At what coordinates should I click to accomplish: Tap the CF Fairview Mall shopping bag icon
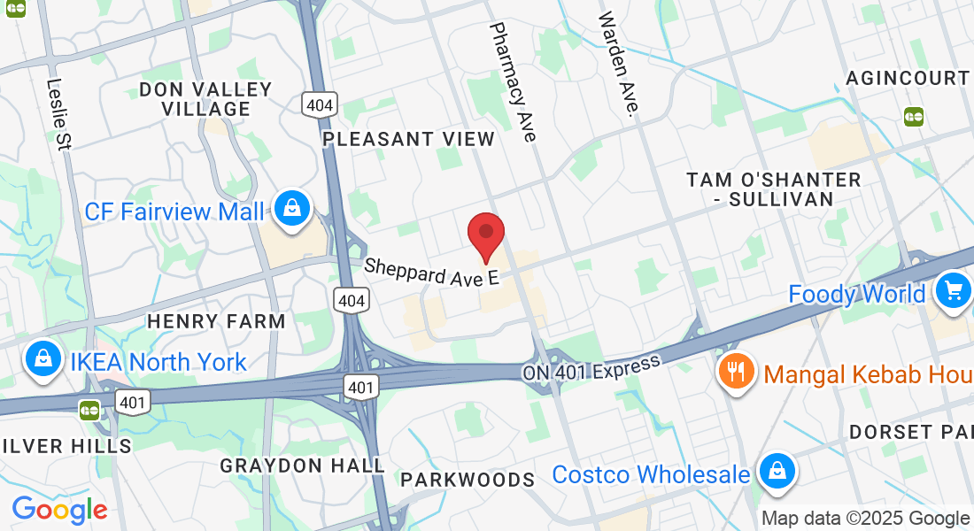point(290,208)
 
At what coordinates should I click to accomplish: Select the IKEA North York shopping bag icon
point(43,358)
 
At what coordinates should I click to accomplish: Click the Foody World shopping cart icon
point(954,289)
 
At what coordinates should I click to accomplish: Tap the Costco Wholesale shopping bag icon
point(777,470)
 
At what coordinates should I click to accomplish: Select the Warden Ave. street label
point(618,64)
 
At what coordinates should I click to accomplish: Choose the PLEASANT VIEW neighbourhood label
point(408,139)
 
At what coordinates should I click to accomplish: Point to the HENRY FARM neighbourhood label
point(216,320)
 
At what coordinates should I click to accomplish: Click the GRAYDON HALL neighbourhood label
point(302,465)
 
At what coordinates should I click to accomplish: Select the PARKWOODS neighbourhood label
point(468,480)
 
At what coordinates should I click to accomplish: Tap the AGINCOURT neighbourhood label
point(908,78)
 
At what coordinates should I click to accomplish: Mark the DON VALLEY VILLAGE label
point(205,99)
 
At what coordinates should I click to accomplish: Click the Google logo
point(59,510)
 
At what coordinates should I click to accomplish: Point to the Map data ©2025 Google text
point(865,518)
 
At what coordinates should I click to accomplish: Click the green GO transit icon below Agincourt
point(913,116)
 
